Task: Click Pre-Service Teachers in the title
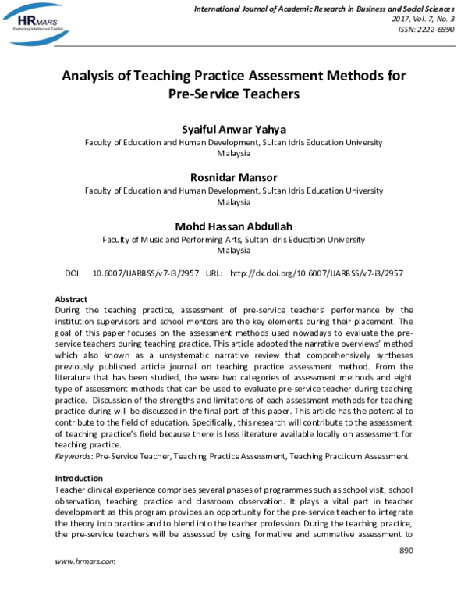click(234, 95)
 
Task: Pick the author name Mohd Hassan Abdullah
click(234, 226)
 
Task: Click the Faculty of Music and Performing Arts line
click(234, 240)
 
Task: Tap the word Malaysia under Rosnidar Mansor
click(234, 203)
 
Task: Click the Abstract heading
click(71, 299)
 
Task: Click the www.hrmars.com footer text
click(85, 583)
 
